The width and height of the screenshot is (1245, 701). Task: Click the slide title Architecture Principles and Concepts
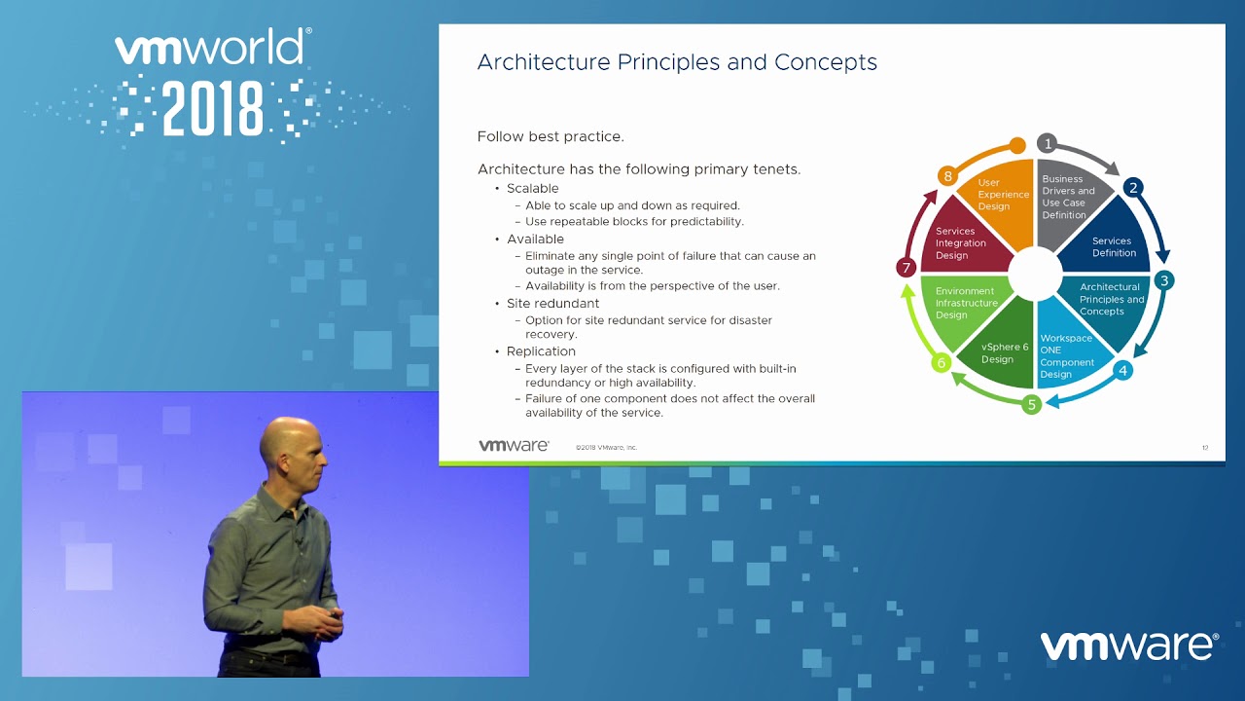coord(677,62)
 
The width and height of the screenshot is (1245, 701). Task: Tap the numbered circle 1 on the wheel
coord(1048,143)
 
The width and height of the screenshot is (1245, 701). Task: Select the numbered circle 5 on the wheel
coord(1032,404)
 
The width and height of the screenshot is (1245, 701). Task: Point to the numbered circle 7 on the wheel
coord(906,268)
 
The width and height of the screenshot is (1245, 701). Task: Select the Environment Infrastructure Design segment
coord(964,306)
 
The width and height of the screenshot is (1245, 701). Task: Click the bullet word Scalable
coord(532,189)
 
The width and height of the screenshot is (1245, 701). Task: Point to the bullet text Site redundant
coord(552,304)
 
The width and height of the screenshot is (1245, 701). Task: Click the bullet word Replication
coord(541,351)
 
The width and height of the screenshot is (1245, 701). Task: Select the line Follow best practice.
coord(551,137)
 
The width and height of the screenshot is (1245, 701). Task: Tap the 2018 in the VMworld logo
coord(213,109)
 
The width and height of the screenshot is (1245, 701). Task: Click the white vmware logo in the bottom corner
coord(1129,646)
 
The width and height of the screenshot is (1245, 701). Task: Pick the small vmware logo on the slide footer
coord(514,446)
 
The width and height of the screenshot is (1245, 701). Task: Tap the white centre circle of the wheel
coord(1035,274)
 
